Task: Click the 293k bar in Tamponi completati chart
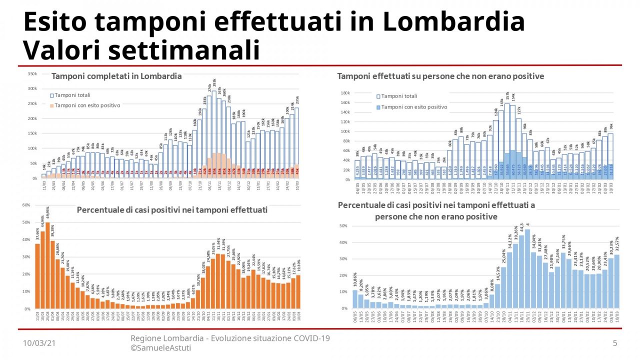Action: pos(214,135)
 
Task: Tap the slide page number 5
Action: pos(615,342)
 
